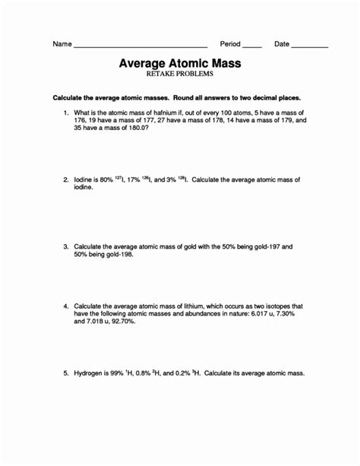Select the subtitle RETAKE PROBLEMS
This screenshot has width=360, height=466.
click(x=180, y=75)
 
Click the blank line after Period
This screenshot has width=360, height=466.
click(x=252, y=46)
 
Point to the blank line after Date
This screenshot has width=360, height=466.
click(x=310, y=46)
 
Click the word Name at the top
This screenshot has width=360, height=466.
click(x=62, y=44)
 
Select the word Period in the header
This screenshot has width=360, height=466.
click(x=230, y=44)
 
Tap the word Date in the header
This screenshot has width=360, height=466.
click(x=282, y=44)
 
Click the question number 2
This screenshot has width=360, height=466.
click(x=65, y=180)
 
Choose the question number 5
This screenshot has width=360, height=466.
click(x=65, y=373)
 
